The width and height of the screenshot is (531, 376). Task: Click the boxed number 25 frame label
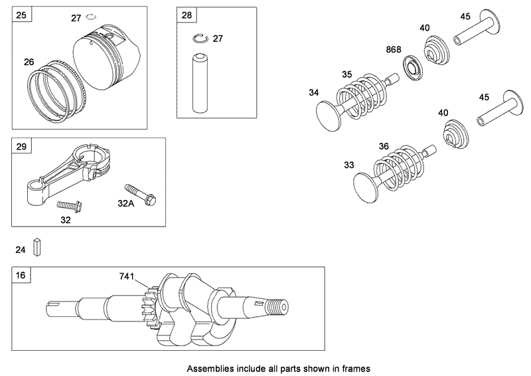click(22, 15)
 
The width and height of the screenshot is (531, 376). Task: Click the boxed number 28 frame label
click(187, 15)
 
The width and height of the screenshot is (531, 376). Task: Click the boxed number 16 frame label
click(22, 275)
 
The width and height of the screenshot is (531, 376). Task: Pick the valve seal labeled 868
click(414, 67)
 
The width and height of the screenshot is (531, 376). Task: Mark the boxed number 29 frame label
click(22, 145)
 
